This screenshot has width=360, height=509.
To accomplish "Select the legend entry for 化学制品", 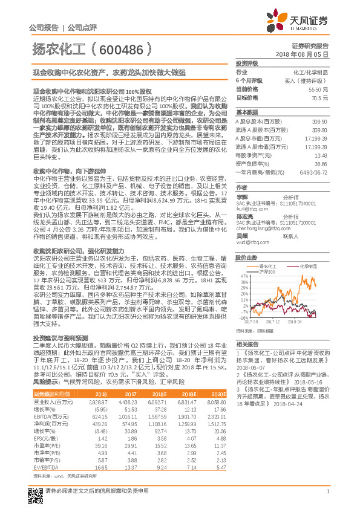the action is pyautogui.click(x=308, y=266).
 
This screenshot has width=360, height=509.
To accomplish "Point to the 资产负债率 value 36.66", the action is pyautogui.click(x=320, y=164).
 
